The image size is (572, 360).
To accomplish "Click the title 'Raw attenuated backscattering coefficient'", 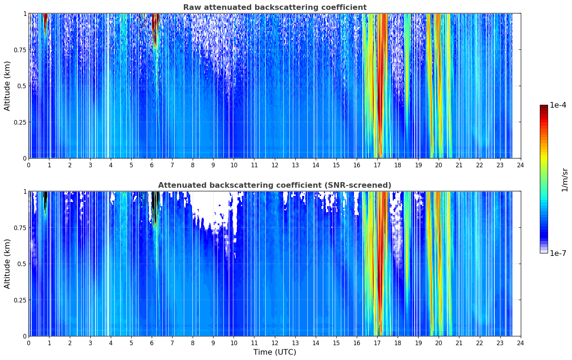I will tap(275, 7).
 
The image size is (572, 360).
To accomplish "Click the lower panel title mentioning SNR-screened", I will tap(275, 185).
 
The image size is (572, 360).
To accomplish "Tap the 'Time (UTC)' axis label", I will tap(275, 352).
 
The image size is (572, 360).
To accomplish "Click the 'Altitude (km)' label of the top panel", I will tap(7, 86).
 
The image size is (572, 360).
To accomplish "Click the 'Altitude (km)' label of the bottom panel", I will tap(7, 264).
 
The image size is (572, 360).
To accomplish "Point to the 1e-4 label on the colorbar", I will tap(558, 105).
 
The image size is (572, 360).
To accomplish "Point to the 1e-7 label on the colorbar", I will tap(558, 253).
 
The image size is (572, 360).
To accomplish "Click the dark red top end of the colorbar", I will tap(544, 107).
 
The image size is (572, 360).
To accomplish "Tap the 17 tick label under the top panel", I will tap(377, 165).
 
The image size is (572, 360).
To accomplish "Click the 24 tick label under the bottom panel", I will tap(520, 343).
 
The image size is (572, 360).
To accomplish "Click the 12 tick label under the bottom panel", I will tap(275, 343).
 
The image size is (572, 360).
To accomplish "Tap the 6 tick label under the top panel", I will tap(152, 165).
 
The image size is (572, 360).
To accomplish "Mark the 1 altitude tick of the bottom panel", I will tap(25, 191).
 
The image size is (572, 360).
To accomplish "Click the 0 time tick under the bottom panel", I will tap(29, 343).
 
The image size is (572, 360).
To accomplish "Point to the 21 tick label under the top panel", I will tap(459, 165).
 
